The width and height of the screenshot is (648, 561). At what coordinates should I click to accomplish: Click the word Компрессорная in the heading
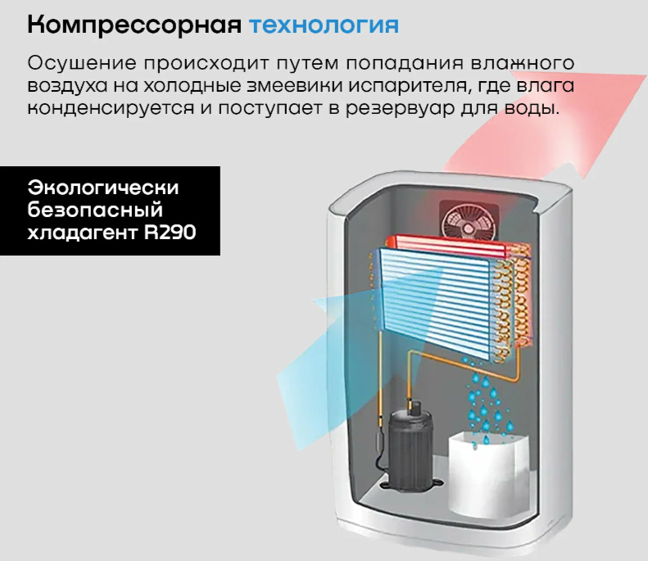click(x=134, y=26)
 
